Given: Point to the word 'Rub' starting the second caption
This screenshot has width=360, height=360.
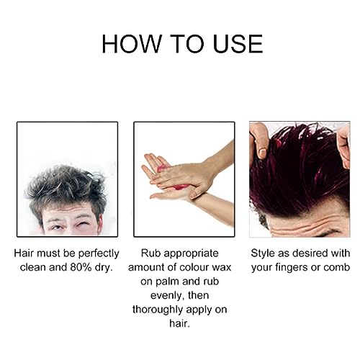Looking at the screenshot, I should pos(148,254).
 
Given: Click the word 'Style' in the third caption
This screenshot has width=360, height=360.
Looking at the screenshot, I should pos(265,254).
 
